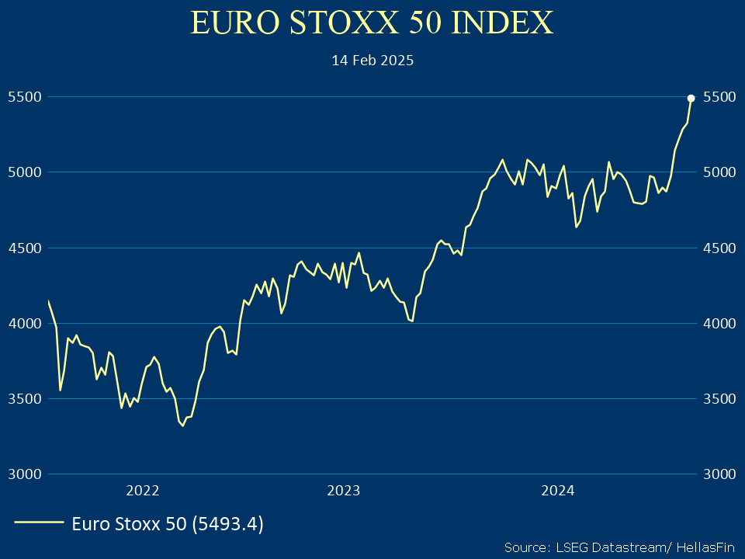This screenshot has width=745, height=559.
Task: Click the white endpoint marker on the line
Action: click(691, 98)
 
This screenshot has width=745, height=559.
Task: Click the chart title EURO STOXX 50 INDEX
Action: click(372, 23)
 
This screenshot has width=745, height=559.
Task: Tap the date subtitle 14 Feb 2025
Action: click(372, 60)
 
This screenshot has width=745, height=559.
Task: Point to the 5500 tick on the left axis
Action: click(23, 97)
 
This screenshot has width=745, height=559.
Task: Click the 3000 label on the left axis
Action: click(23, 474)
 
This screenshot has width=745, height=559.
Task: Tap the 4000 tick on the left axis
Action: click(23, 323)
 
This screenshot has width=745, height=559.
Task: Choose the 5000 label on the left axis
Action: click(23, 172)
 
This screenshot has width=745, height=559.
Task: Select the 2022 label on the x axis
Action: click(142, 490)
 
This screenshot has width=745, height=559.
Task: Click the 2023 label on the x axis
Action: click(344, 490)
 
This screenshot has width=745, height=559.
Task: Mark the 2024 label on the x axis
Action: click(557, 490)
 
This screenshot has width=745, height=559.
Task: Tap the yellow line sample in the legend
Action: click(38, 523)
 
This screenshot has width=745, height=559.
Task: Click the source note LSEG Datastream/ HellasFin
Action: click(618, 547)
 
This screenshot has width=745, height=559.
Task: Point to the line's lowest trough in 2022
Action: click(182, 425)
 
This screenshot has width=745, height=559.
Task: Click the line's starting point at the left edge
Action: click(48, 301)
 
